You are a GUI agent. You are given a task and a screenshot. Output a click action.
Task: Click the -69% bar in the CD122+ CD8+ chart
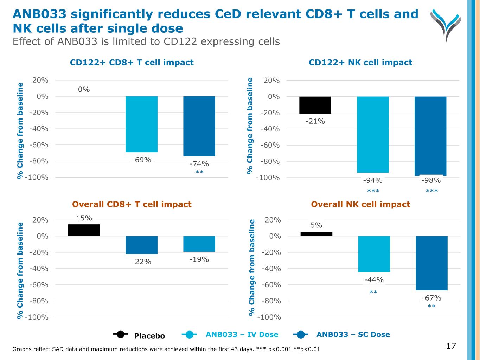(x=141, y=124)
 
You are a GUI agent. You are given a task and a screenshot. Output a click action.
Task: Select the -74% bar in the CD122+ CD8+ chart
(x=199, y=126)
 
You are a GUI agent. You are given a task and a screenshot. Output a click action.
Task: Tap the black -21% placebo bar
(x=315, y=105)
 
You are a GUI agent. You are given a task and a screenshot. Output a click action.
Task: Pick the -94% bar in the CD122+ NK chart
(x=373, y=134)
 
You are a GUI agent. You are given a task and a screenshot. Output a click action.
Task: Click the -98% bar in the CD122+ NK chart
(x=430, y=136)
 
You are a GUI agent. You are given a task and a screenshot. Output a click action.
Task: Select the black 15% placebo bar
(x=84, y=230)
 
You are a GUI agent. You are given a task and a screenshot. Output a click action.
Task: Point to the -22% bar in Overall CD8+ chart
(x=141, y=245)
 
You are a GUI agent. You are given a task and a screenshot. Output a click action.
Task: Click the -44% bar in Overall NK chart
(x=374, y=254)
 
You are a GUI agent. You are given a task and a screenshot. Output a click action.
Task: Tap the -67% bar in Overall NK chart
(x=431, y=263)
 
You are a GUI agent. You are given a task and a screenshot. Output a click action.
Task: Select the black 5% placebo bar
(x=316, y=234)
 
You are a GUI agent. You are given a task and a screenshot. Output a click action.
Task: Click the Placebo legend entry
(x=139, y=335)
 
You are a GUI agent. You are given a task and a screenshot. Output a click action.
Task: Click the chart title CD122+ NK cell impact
(x=360, y=63)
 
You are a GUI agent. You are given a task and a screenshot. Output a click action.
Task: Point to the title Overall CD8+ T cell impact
(x=132, y=204)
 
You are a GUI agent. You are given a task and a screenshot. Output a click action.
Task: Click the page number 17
(x=451, y=346)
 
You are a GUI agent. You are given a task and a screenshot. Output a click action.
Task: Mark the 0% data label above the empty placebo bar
(x=84, y=90)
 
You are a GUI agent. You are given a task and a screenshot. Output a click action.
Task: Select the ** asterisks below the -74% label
(x=199, y=172)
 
